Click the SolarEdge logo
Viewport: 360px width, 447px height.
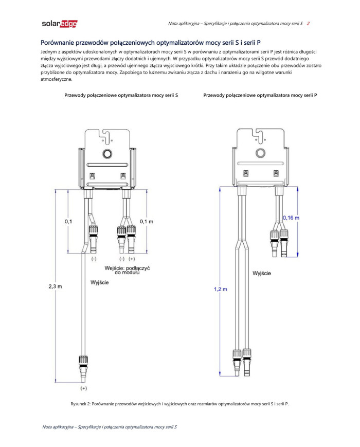[59, 24]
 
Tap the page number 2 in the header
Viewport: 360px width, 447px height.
[308, 24]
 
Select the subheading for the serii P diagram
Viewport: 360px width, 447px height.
[260, 95]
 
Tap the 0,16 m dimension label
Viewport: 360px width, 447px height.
[291, 218]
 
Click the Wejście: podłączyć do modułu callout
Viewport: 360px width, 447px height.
[125, 270]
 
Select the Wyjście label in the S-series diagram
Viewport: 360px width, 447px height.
[99, 283]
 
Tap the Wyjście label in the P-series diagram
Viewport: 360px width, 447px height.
[262, 273]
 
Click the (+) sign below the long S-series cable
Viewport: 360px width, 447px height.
[83, 387]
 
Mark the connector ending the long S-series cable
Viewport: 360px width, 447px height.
[83, 366]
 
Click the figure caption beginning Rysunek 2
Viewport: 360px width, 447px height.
[179, 403]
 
